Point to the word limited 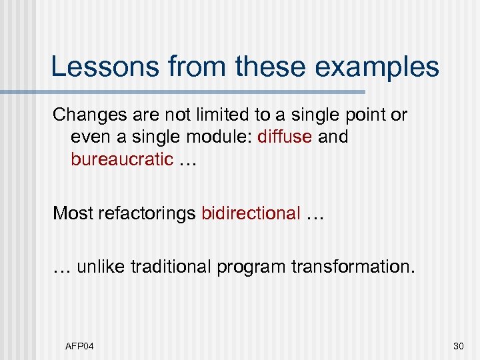tap(212, 115)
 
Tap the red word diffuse tap(285, 137)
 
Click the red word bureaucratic tap(122, 160)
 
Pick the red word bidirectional tap(251, 213)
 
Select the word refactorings tap(145, 214)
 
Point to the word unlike tap(99, 267)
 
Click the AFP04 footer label tap(79, 345)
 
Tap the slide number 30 tap(457, 345)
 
